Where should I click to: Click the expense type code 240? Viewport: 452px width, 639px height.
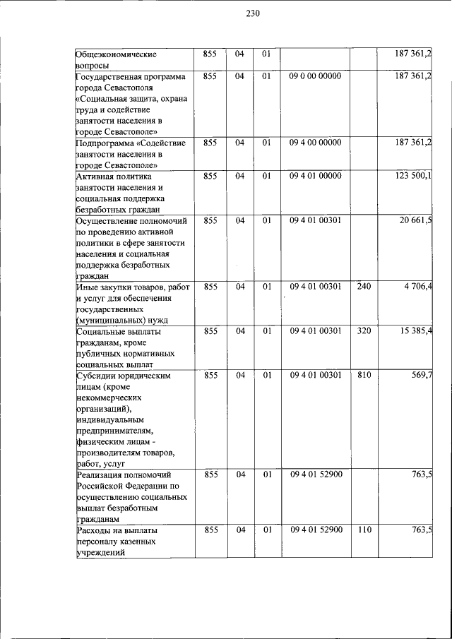(364, 286)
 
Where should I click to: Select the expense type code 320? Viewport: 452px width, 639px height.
(364, 330)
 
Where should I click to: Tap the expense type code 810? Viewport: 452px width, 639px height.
(364, 376)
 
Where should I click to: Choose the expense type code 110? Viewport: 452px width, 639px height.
(364, 529)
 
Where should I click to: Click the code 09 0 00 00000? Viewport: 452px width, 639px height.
(315, 75)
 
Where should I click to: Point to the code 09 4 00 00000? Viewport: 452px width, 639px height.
(315, 142)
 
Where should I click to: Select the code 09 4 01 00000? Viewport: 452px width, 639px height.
(315, 175)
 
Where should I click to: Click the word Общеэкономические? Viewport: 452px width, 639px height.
(116, 54)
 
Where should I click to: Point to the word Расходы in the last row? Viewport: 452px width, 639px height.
(95, 530)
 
